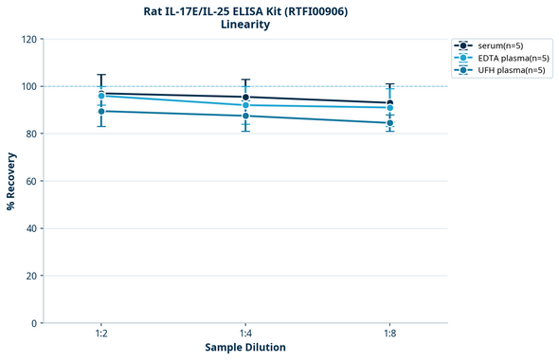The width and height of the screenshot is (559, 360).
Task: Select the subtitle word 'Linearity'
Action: click(244, 26)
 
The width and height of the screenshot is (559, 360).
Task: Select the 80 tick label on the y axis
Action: click(30, 134)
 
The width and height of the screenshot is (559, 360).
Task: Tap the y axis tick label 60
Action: click(30, 181)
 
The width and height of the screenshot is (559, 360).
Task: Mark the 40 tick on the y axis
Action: click(30, 228)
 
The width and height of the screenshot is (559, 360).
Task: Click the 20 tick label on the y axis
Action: click(30, 276)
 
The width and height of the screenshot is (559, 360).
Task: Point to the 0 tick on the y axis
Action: click(33, 323)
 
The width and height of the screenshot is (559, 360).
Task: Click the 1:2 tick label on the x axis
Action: click(101, 334)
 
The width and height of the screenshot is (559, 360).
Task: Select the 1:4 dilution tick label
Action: click(245, 334)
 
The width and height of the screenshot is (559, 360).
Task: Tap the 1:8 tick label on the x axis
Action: click(389, 334)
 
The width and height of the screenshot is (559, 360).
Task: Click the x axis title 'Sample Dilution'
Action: click(245, 348)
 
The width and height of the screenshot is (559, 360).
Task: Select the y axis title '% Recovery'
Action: click(11, 181)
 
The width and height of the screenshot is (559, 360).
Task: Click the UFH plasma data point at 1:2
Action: click(101, 111)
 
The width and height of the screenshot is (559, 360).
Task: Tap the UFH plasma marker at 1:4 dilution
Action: click(245, 116)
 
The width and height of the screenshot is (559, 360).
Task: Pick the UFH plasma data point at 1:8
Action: click(389, 122)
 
